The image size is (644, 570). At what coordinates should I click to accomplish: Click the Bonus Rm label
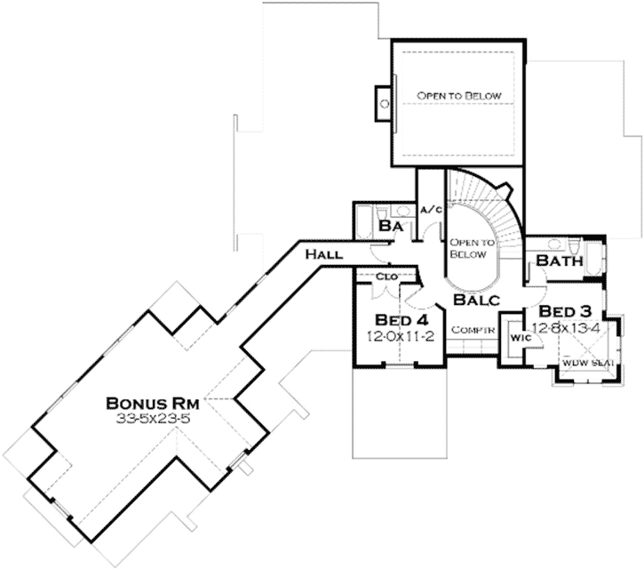pos(155,400)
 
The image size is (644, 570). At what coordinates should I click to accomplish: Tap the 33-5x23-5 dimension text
pos(155,415)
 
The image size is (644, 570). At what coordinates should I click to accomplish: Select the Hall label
pos(323,255)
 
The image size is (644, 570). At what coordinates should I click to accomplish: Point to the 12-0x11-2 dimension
pos(392,336)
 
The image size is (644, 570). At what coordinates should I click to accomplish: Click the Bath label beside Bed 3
pos(560,262)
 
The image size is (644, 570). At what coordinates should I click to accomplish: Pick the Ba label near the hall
pos(391,228)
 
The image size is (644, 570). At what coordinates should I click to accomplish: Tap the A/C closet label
pos(431,210)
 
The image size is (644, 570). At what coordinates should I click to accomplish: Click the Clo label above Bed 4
pos(386,277)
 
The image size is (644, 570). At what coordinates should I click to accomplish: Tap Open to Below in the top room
pos(460,96)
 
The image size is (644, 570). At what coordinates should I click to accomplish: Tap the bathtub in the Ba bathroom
pos(364,222)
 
